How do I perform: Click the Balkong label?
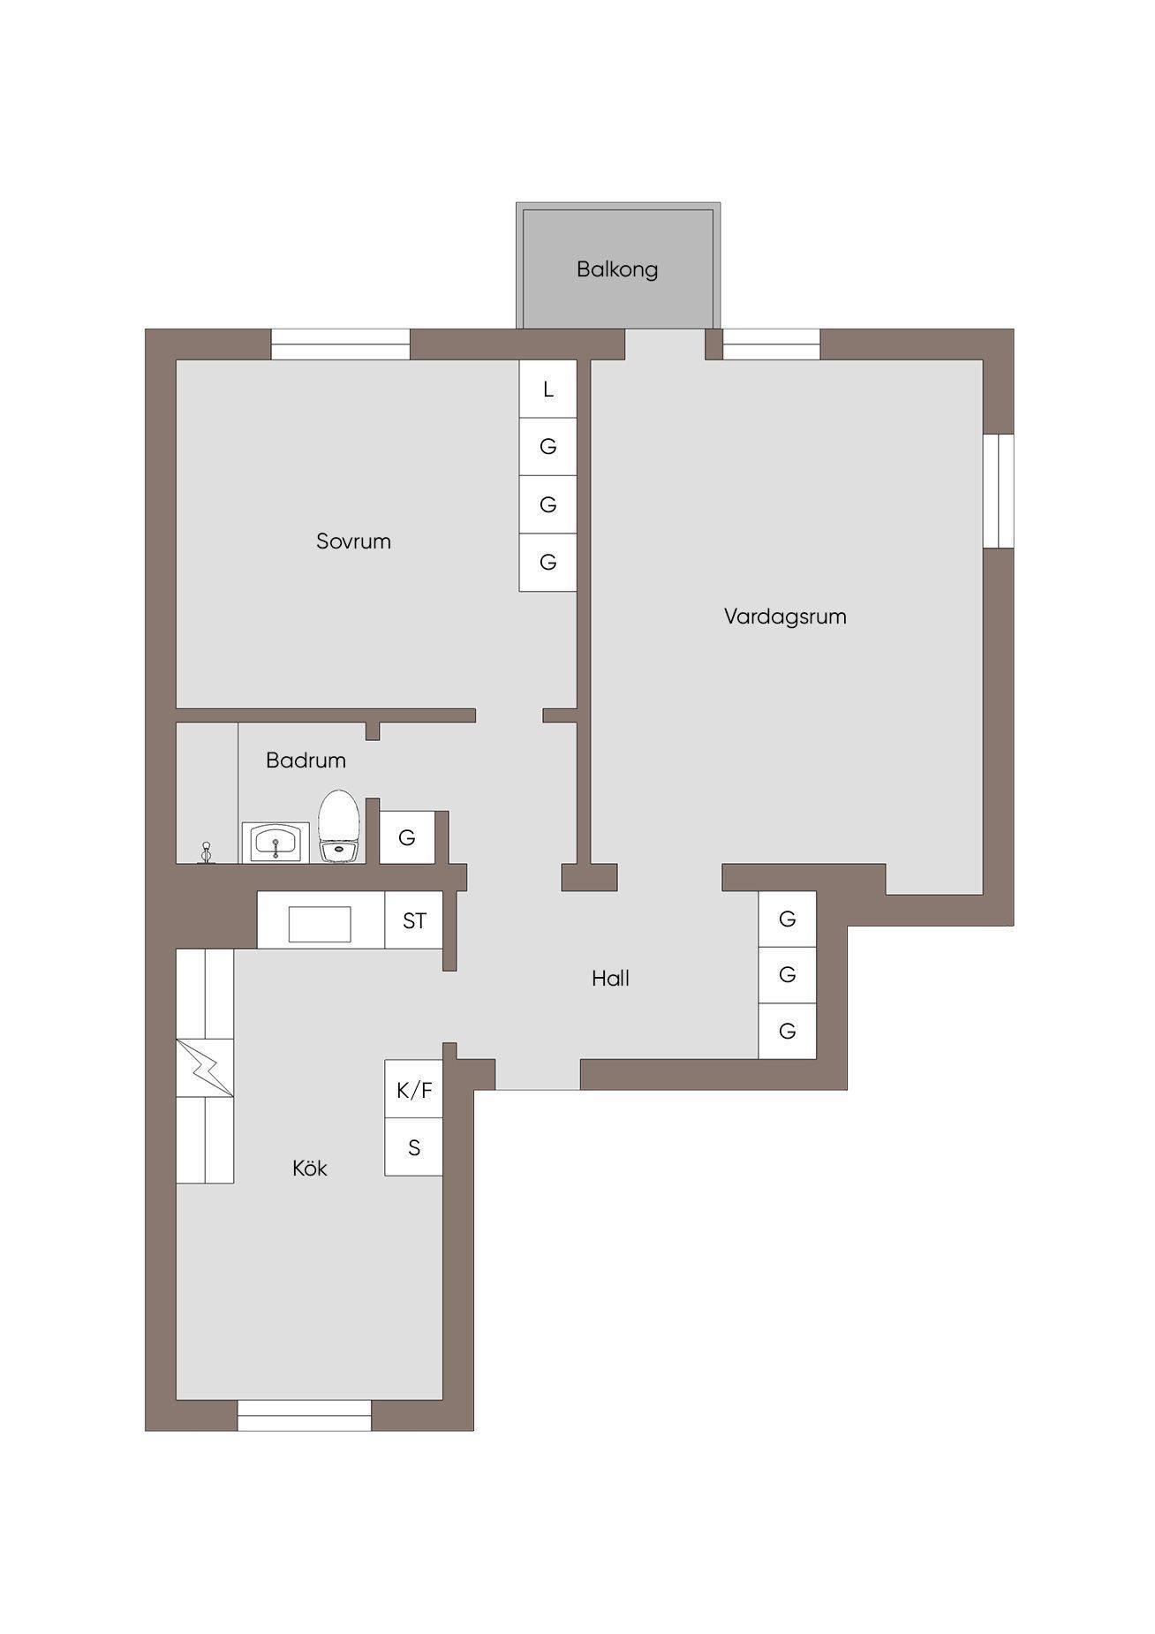617,269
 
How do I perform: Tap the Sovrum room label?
353,541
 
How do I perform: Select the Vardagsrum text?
785,617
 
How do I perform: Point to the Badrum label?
306,760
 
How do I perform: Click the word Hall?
610,979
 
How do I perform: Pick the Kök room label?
310,1169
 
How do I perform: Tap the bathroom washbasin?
276,843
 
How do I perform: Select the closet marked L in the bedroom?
547,389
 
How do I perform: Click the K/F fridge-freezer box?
413,1090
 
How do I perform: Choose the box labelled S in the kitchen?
413,1147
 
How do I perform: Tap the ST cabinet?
414,920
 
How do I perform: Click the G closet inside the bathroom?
407,837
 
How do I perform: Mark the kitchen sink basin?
320,924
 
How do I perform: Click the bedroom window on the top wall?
340,344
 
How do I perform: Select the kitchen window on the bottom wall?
305,1415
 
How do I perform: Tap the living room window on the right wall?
999,491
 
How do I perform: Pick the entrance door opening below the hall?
538,1074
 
